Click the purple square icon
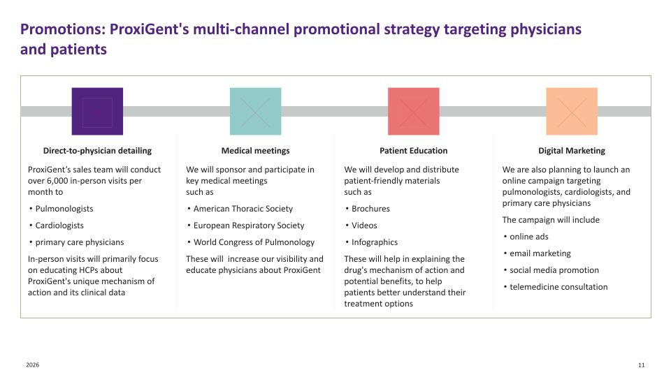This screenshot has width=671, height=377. click(97, 111)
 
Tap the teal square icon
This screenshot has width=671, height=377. click(255, 111)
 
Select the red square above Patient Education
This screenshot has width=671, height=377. click(414, 111)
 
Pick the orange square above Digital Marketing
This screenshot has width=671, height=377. click(572, 111)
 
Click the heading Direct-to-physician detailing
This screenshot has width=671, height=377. click(97, 150)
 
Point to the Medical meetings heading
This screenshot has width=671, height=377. click(255, 150)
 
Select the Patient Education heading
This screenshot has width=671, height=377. click(414, 150)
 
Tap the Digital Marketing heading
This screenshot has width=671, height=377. click(572, 150)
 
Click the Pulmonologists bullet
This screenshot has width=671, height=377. click(64, 209)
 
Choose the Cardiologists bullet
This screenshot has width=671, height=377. click(59, 226)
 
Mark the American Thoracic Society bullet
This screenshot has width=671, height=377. click(243, 209)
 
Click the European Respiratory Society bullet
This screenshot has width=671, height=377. click(248, 226)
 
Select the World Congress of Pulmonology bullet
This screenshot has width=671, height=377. click(254, 242)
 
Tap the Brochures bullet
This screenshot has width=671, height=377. click(370, 209)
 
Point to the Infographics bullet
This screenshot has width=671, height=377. click(375, 242)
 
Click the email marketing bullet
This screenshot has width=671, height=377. click(540, 253)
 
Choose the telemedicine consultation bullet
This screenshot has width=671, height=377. click(558, 287)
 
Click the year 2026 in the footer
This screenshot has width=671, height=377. click(32, 365)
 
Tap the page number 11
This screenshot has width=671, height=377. click(641, 365)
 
